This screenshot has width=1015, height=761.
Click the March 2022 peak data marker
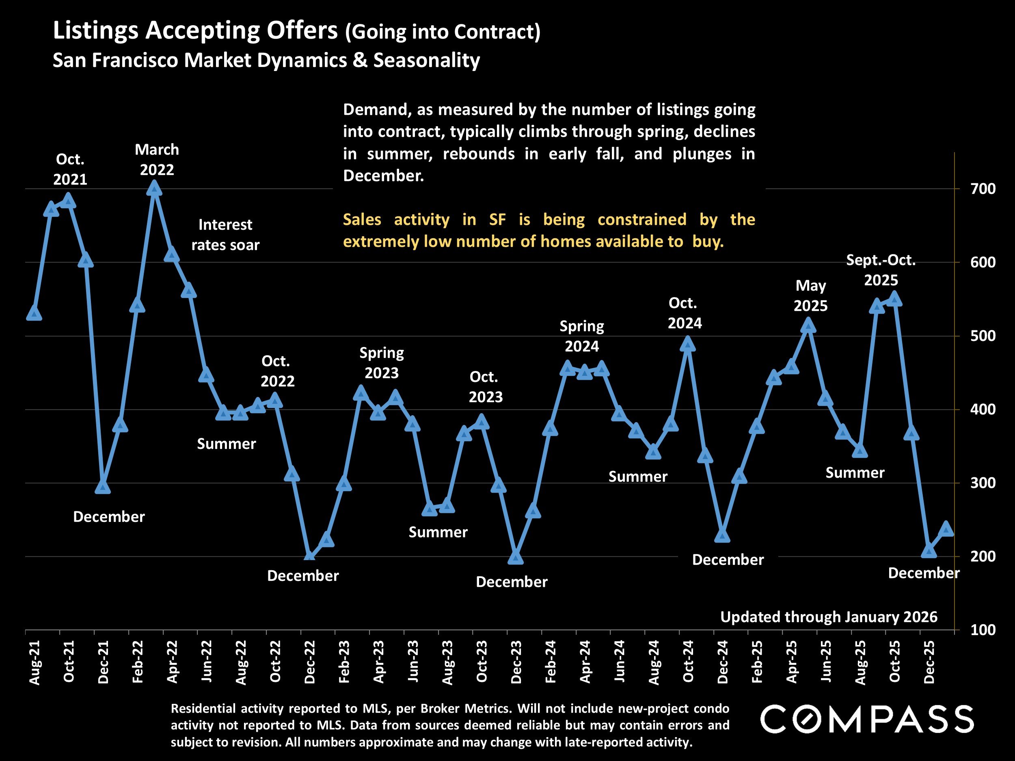[155, 189]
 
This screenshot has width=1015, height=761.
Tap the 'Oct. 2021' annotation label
[70, 169]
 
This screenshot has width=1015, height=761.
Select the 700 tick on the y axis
[983, 189]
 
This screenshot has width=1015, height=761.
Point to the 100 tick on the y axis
[983, 630]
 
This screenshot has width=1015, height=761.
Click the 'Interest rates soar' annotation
[225, 235]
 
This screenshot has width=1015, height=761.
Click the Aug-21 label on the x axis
[35, 662]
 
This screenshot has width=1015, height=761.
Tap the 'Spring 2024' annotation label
[581, 336]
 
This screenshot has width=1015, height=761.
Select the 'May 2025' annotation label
[810, 295]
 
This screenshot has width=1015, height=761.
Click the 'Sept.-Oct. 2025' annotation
[881, 270]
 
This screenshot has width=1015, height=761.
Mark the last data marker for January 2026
[946, 529]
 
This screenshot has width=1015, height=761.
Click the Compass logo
[867, 719]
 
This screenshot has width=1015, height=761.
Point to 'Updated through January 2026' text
[829, 617]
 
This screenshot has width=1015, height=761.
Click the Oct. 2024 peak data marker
[687, 344]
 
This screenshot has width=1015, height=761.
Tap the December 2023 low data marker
[515, 557]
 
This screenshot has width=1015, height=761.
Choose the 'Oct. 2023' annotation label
[485, 387]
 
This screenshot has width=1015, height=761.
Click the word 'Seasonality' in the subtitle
[426, 60]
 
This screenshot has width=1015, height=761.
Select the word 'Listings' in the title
[95, 30]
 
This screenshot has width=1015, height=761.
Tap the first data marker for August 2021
[35, 314]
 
